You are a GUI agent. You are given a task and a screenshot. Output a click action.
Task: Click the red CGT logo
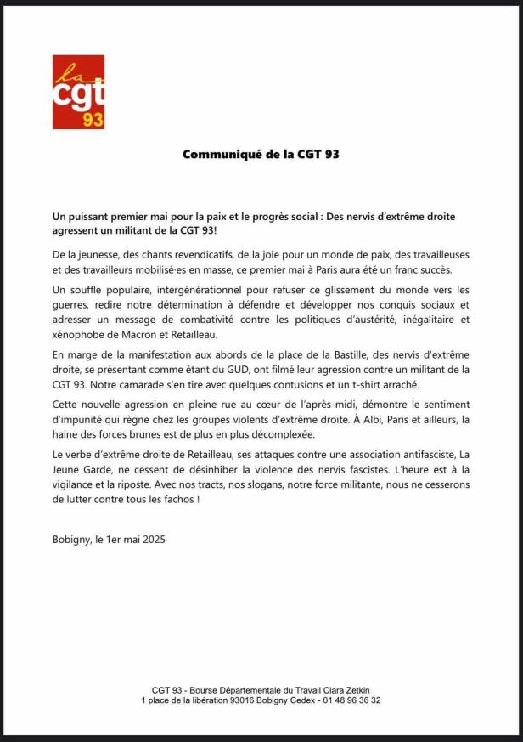[x=78, y=92]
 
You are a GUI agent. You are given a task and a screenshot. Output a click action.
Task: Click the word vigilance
[x=79, y=484]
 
